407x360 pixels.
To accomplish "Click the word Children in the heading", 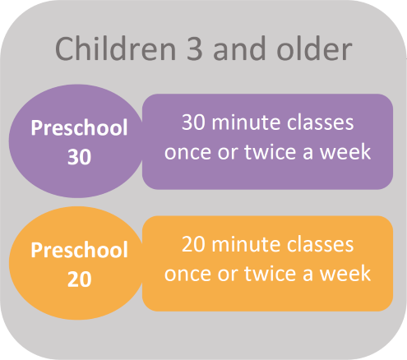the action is [116, 48].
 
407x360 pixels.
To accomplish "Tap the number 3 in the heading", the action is [194, 49].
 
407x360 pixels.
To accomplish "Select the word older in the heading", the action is [314, 48].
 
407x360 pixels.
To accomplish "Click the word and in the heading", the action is [239, 48].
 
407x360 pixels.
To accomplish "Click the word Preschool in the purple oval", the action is [79, 127].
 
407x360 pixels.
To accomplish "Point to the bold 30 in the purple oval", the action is [79, 157].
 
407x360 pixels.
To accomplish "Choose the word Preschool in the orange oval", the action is [79, 250].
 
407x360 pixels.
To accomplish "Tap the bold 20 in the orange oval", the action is [79, 279].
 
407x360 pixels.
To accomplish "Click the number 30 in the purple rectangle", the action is [193, 122].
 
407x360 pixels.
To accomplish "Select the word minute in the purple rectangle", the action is [246, 122].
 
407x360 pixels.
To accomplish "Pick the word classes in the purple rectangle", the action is [320, 122].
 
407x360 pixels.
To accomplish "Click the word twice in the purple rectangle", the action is [271, 151].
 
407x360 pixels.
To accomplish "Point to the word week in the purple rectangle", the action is [345, 151].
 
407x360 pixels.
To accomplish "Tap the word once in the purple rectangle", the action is [188, 153].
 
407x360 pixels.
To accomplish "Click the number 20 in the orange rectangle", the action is [193, 244].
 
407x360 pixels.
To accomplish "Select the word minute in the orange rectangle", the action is [246, 244].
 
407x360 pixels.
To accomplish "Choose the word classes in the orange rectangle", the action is [320, 244].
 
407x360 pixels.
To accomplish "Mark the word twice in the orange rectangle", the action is [271, 274].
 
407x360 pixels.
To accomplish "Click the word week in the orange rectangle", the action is [345, 274].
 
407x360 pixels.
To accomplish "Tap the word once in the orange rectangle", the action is [188, 275].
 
